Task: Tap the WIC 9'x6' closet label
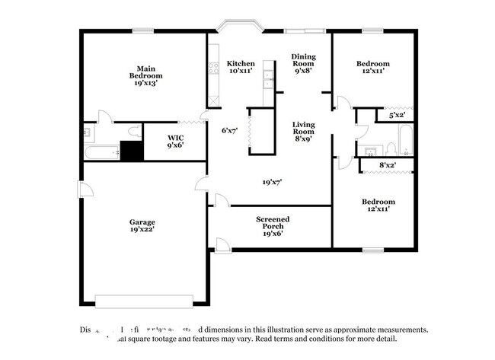[x=175, y=142]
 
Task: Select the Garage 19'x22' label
[x=142, y=226]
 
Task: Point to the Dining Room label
[x=303, y=62]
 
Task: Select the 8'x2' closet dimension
[x=388, y=165]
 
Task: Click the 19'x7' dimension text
[x=272, y=182]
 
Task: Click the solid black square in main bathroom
[x=133, y=151]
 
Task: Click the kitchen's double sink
[x=268, y=75]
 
